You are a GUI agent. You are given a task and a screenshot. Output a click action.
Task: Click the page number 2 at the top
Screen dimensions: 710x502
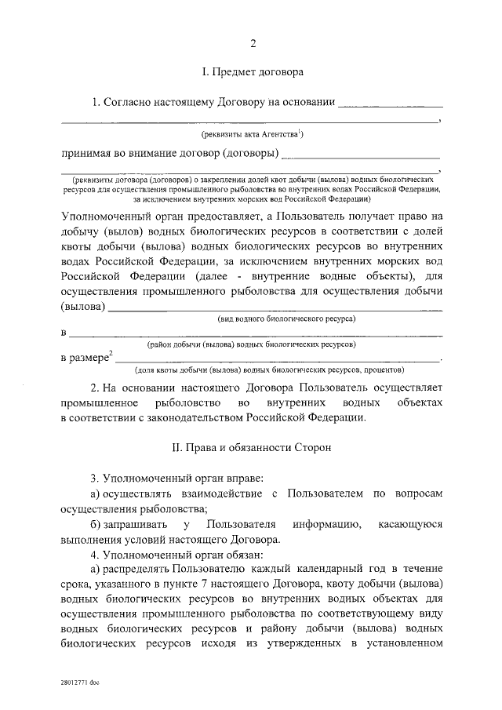(252, 42)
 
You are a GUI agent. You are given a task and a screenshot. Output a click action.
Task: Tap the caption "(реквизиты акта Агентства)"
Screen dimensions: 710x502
(252, 134)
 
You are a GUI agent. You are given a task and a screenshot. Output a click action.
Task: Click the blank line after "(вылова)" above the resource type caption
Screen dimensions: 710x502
(275, 308)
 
